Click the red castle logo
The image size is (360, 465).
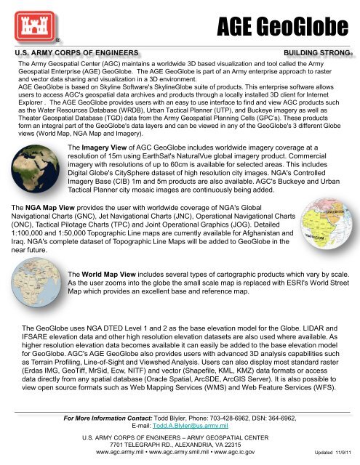[x=28, y=23]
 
